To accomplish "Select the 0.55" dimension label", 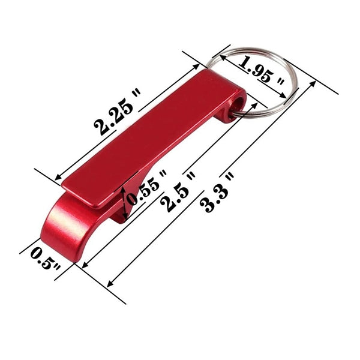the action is pyautogui.click(x=147, y=188).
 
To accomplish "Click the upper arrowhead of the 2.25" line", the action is pyautogui.click(x=196, y=67).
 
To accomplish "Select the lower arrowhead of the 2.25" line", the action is pyautogui.click(x=59, y=178).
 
